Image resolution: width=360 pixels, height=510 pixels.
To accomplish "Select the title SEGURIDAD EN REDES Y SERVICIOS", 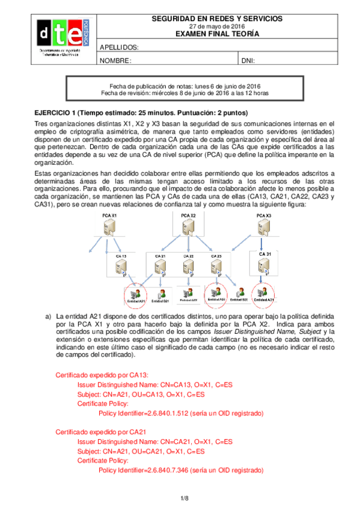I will [216, 19].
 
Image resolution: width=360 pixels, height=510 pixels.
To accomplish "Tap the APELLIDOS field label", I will [119, 47].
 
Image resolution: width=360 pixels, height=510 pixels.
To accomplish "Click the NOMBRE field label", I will [115, 61].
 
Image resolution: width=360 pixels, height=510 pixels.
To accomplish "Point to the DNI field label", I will [248, 61].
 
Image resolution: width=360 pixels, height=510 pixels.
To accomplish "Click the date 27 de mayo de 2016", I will [216, 27].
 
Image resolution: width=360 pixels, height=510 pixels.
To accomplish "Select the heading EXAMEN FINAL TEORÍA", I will [216, 34].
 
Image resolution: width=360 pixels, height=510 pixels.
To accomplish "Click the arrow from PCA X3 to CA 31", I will [263, 244].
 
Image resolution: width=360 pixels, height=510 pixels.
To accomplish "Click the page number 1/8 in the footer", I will [185, 498].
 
